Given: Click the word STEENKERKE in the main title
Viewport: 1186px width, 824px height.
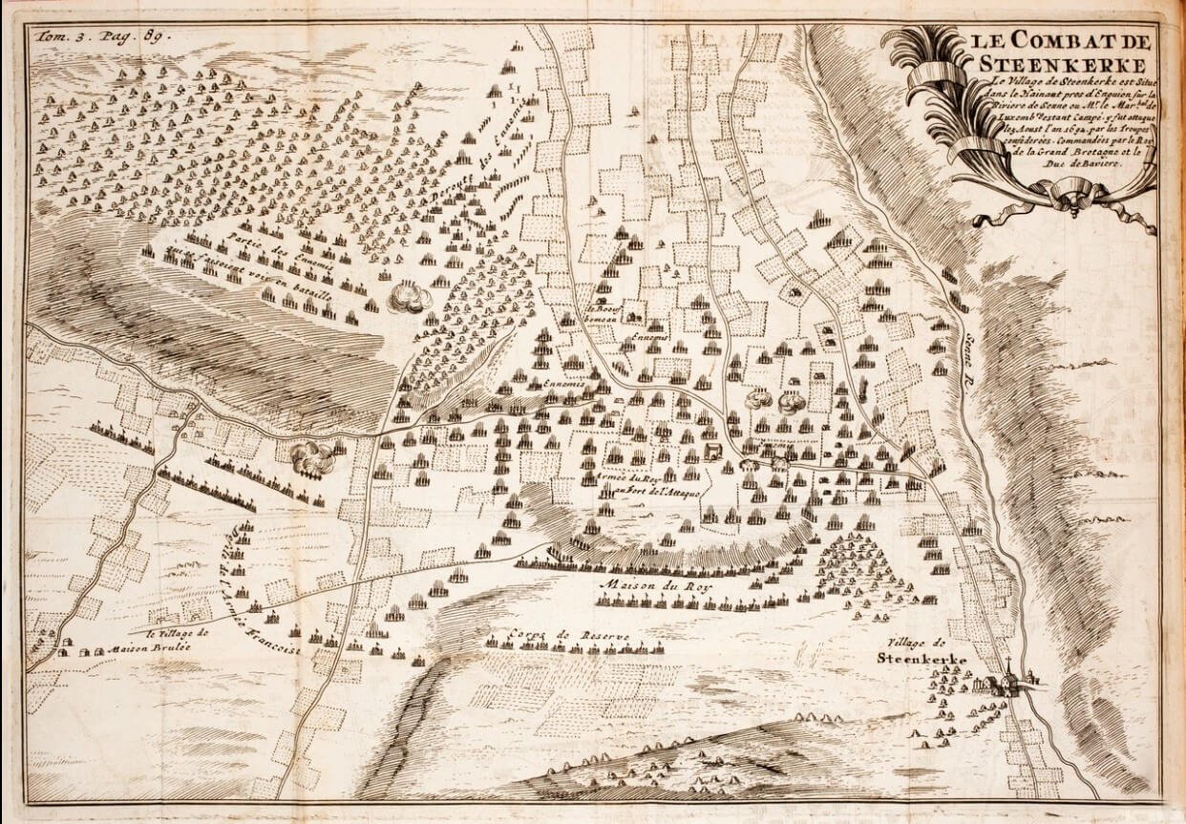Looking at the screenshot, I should point(1061,64).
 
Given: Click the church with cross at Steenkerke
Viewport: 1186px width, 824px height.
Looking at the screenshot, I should point(1008,679).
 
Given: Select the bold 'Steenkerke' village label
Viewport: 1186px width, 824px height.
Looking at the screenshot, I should point(921,660).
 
